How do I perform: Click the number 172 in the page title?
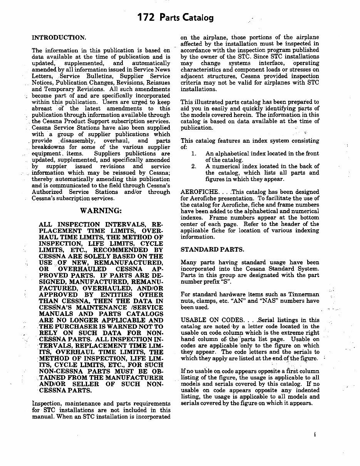click(147, 17)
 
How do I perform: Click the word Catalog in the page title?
click(198, 18)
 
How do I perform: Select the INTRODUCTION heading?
click(59, 38)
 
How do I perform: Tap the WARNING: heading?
click(101, 211)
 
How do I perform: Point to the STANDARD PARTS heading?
click(212, 249)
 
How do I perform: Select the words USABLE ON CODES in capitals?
click(212, 320)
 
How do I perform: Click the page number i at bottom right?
click(315, 434)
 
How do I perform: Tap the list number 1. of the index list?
click(194, 154)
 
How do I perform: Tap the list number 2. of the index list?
click(194, 166)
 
